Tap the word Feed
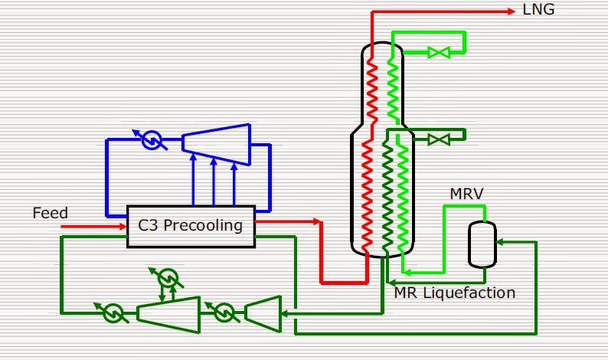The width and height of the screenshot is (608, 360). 50,213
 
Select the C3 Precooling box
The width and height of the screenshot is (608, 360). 190,226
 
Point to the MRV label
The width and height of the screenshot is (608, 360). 466,194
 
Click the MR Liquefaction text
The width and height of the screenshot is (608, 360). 454,292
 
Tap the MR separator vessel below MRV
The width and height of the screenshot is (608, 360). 482,245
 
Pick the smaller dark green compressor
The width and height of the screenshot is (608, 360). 261,313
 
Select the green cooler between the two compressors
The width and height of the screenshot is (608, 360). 223,313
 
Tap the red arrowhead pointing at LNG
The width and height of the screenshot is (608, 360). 510,11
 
